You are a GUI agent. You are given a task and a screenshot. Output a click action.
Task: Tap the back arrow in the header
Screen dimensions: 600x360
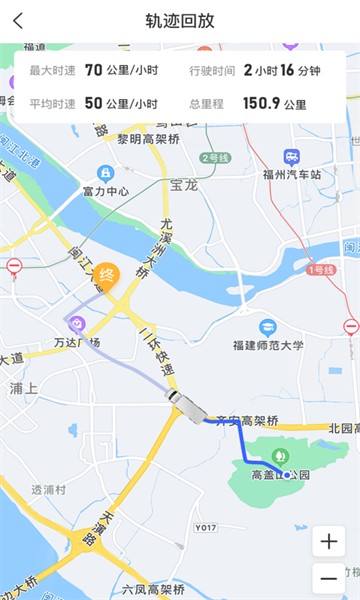pyautogui.click(x=18, y=21)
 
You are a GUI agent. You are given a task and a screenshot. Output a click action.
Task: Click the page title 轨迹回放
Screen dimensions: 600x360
pyautogui.click(x=180, y=21)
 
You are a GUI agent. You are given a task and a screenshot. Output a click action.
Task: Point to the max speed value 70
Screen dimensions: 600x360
pyautogui.click(x=93, y=70)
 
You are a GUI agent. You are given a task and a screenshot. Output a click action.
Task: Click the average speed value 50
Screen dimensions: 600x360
pyautogui.click(x=93, y=103)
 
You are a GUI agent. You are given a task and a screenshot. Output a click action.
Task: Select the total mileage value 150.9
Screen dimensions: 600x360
pyautogui.click(x=261, y=103)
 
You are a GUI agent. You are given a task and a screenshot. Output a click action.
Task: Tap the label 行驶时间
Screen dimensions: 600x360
pyautogui.click(x=211, y=70)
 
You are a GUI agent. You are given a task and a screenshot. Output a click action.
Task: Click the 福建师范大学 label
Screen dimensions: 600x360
pyautogui.click(x=267, y=345)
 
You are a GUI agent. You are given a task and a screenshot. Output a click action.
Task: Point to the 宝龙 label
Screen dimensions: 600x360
pyautogui.click(x=184, y=185)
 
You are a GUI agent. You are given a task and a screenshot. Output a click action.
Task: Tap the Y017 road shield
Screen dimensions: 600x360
pyautogui.click(x=206, y=526)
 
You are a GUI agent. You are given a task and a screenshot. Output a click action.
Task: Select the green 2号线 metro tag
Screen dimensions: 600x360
pyautogui.click(x=215, y=158)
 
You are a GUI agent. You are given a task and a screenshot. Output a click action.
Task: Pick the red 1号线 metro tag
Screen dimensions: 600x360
pyautogui.click(x=321, y=270)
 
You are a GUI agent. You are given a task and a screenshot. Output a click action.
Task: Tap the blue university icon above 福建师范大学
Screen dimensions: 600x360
pyautogui.click(x=267, y=327)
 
